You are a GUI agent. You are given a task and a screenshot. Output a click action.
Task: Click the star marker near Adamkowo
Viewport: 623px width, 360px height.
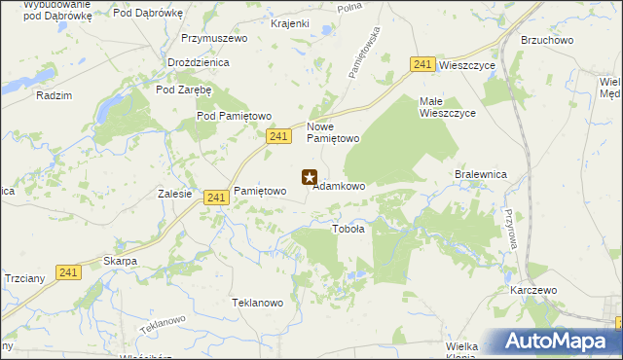(310, 177)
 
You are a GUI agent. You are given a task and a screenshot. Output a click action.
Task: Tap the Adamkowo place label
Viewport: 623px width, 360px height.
(339, 186)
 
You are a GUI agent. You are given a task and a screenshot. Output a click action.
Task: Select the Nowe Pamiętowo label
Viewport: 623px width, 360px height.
(334, 132)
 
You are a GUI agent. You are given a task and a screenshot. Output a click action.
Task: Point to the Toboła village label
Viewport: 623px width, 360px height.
(348, 230)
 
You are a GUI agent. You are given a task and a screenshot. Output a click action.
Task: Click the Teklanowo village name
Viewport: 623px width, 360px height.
(257, 303)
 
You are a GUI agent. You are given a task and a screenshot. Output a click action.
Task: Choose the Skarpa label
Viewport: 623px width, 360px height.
(120, 262)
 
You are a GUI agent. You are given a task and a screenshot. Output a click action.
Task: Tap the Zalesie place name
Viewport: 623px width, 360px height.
(174, 194)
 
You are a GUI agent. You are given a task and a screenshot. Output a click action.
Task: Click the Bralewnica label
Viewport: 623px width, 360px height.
(482, 174)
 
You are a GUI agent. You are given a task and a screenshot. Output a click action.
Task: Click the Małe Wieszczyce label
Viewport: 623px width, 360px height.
(447, 107)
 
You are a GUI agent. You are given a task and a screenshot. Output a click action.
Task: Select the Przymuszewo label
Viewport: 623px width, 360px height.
(214, 39)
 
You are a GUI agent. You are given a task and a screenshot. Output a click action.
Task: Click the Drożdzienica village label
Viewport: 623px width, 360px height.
(198, 62)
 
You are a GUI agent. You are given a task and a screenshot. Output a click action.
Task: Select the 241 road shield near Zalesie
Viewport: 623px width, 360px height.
(217, 198)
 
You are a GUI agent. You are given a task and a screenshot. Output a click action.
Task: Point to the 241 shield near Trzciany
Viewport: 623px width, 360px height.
(67, 273)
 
